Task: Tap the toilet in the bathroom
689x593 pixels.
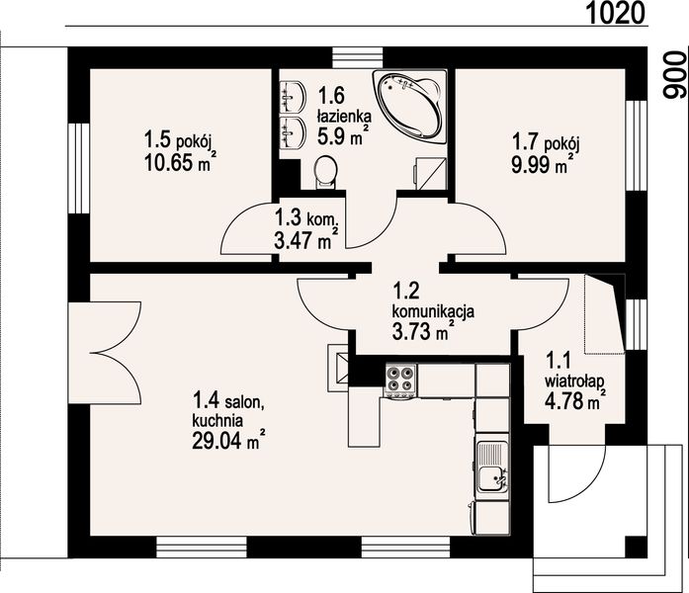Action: (x=325, y=172)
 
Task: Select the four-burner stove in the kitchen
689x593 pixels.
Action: (x=400, y=381)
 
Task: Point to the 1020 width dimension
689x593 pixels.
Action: (x=616, y=13)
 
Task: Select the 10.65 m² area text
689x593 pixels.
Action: (x=180, y=162)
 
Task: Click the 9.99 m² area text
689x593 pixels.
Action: (x=543, y=165)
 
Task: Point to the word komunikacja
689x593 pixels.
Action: (x=433, y=311)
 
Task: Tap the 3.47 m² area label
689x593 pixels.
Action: (x=305, y=240)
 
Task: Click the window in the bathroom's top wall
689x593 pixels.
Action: (x=357, y=57)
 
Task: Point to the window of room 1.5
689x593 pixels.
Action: (x=79, y=168)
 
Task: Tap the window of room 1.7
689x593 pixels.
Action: (x=636, y=145)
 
